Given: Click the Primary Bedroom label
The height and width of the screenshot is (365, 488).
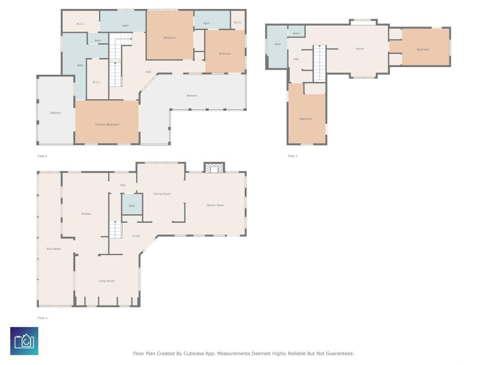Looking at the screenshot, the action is [107, 125].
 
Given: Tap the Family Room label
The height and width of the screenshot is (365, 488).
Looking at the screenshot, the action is [215, 205].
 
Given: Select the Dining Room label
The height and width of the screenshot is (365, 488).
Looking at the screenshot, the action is [162, 194].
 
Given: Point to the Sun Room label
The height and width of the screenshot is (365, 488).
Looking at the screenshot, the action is [54, 248].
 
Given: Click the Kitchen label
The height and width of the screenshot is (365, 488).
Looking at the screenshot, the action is [86, 214].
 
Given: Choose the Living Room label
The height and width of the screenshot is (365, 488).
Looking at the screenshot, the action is [106, 281].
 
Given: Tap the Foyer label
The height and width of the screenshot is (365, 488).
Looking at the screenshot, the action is [136, 236].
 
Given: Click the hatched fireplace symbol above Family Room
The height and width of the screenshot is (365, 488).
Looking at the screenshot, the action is [214, 167].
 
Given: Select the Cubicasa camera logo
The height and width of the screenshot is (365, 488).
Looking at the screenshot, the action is [24, 341].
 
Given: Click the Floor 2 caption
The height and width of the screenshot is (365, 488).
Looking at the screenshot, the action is [42, 156].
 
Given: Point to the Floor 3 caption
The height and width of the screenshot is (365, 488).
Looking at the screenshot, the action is [293, 156].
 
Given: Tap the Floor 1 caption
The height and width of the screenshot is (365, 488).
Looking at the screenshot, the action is [43, 318].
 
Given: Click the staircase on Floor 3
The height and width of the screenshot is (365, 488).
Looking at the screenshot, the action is [319, 63].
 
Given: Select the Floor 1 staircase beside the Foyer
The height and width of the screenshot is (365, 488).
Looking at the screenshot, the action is [115, 230].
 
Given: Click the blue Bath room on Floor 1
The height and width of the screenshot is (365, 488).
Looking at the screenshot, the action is [132, 204].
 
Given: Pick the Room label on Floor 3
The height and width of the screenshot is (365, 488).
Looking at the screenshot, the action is [360, 49].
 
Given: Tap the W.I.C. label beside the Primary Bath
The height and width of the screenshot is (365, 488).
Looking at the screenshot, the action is [96, 82].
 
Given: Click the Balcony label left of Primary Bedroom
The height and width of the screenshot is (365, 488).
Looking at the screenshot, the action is [55, 113].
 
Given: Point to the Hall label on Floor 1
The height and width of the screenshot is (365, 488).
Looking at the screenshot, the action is [122, 185].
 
